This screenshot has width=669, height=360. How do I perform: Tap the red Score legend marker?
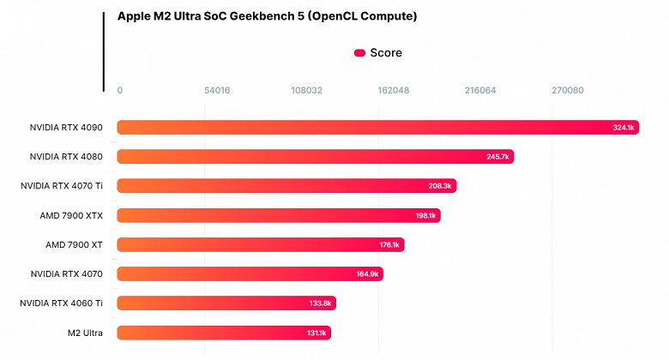359,53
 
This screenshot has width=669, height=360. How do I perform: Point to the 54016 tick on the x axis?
217,90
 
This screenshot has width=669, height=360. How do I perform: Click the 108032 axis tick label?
306,90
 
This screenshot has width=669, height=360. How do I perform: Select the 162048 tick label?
394,90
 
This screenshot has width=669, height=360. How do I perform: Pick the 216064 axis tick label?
480,90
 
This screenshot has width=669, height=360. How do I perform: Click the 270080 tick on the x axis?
568,90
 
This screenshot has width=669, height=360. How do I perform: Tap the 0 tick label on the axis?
120,90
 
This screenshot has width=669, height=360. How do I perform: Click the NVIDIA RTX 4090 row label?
66,128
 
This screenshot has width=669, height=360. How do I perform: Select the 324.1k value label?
624,128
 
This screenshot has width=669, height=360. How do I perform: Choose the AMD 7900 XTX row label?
71,215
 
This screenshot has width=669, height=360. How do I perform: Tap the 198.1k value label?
425,216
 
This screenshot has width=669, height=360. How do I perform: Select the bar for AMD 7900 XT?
260,244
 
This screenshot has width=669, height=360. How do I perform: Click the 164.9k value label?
367,274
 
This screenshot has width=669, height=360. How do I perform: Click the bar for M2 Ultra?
223,332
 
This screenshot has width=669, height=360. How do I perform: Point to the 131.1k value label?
316,333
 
